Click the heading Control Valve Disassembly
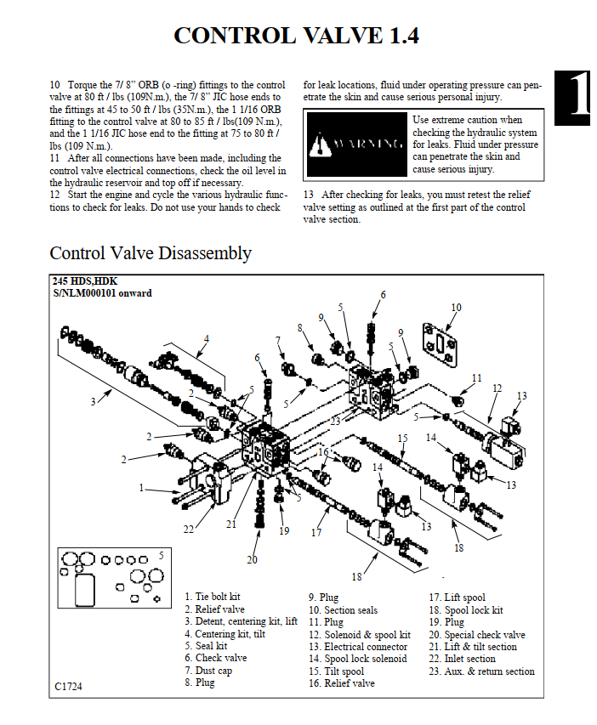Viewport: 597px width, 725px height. pyautogui.click(x=151, y=253)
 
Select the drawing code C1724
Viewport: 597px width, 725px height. pyautogui.click(x=70, y=685)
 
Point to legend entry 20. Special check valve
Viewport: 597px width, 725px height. pyautogui.click(x=477, y=635)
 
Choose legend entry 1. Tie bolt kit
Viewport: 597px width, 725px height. pyautogui.click(x=212, y=598)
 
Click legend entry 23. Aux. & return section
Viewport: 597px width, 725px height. pyautogui.click(x=481, y=671)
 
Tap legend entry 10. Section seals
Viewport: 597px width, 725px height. pyautogui.click(x=343, y=610)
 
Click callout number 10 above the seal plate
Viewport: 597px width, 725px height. pyautogui.click(x=456, y=308)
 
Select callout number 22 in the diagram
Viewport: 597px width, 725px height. pyautogui.click(x=189, y=530)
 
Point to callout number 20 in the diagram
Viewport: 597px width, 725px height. pyautogui.click(x=252, y=559)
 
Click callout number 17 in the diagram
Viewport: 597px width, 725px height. pyautogui.click(x=316, y=533)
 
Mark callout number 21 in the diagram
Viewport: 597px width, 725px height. pyautogui.click(x=231, y=524)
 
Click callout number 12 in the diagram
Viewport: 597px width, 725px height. pyautogui.click(x=497, y=388)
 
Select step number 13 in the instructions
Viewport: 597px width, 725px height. pyautogui.click(x=309, y=195)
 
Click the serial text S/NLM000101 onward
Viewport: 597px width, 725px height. pyautogui.click(x=102, y=293)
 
